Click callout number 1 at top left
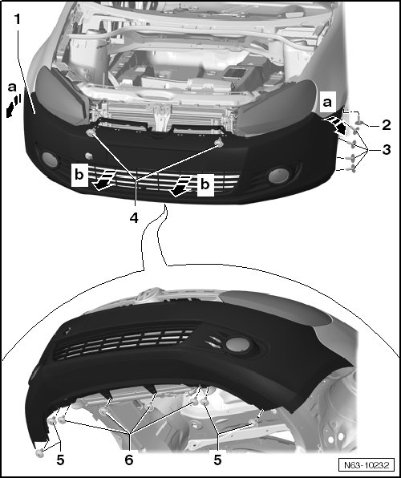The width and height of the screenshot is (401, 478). pos(18,19)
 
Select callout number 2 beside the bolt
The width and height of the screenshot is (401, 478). pos(386,124)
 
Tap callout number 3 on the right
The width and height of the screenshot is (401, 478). pos(386,150)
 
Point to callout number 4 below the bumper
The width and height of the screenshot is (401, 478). pos(134,217)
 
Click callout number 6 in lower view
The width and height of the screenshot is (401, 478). pos(129,460)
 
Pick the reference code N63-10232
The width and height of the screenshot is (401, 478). pos(367,465)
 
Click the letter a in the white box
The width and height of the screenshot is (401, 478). pos(327,102)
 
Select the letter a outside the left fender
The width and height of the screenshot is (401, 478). pos(12,87)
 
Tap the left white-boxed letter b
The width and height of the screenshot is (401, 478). pos(79,175)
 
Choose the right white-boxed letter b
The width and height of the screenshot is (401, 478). pos(205,184)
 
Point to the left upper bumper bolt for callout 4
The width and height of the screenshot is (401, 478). pos(91,132)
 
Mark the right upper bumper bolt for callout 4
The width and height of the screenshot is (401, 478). pos(219,143)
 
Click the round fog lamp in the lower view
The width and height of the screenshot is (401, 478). pos(237,343)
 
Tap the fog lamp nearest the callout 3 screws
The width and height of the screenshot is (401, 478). pos(278,176)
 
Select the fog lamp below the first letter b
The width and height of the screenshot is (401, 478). pos(50,160)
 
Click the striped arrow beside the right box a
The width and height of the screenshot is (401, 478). pos(334,125)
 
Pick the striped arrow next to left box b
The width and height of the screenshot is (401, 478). pos(103,180)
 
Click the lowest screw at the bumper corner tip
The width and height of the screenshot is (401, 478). pos(39,453)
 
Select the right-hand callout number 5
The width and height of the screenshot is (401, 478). pos(217,460)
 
